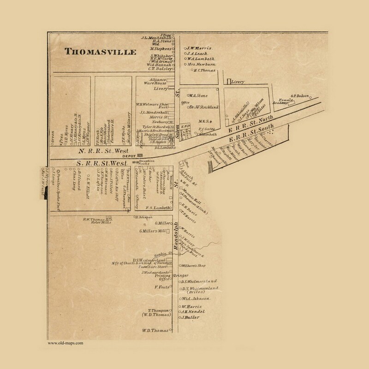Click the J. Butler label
190,318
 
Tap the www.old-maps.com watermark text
65,343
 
